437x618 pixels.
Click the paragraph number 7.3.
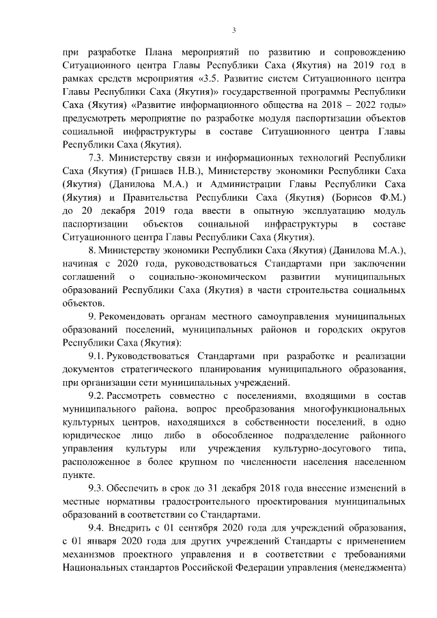[x=98, y=158]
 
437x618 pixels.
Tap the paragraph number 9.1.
[x=98, y=356]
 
